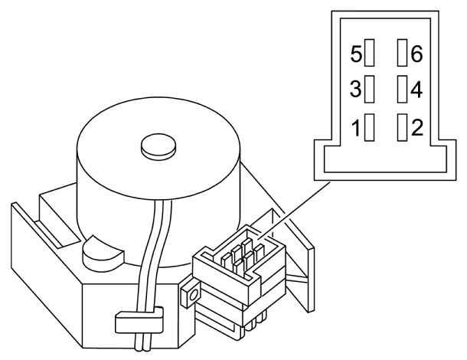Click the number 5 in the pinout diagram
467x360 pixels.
[356, 54]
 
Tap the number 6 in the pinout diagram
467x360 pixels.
[416, 54]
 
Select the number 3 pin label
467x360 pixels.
[355, 89]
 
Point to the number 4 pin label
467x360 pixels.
[416, 90]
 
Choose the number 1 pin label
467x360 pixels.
[356, 128]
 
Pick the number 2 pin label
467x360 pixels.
[417, 127]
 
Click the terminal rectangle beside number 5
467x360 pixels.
[369, 52]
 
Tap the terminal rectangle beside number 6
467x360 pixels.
[403, 52]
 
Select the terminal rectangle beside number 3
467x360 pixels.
[369, 89]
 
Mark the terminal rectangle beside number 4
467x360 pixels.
[403, 89]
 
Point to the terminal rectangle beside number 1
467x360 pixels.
[369, 127]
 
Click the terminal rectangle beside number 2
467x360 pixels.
[403, 127]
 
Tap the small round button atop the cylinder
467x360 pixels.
[158, 147]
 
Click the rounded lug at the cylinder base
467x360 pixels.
[102, 254]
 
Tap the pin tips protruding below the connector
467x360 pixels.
[254, 323]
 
